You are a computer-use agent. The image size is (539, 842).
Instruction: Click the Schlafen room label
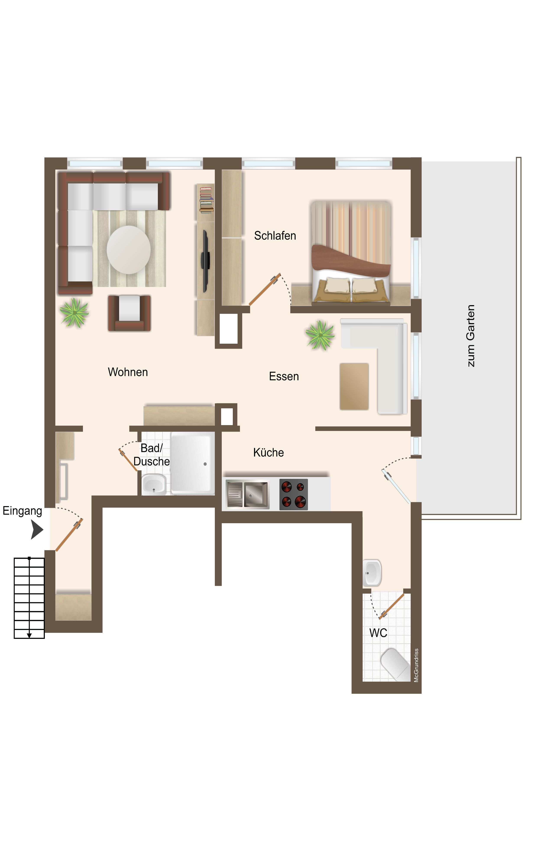click(275, 236)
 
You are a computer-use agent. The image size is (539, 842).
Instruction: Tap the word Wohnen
click(128, 372)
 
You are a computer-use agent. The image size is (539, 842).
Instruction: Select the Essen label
click(284, 377)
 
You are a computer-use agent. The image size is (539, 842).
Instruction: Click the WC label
click(378, 633)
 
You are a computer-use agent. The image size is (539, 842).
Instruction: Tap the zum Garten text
click(471, 336)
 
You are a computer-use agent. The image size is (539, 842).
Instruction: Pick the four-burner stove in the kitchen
click(294, 494)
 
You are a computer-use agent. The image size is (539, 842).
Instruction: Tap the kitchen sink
click(248, 494)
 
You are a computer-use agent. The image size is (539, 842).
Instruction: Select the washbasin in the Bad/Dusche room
click(154, 484)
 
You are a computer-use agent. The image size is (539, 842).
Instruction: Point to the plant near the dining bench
click(320, 335)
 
